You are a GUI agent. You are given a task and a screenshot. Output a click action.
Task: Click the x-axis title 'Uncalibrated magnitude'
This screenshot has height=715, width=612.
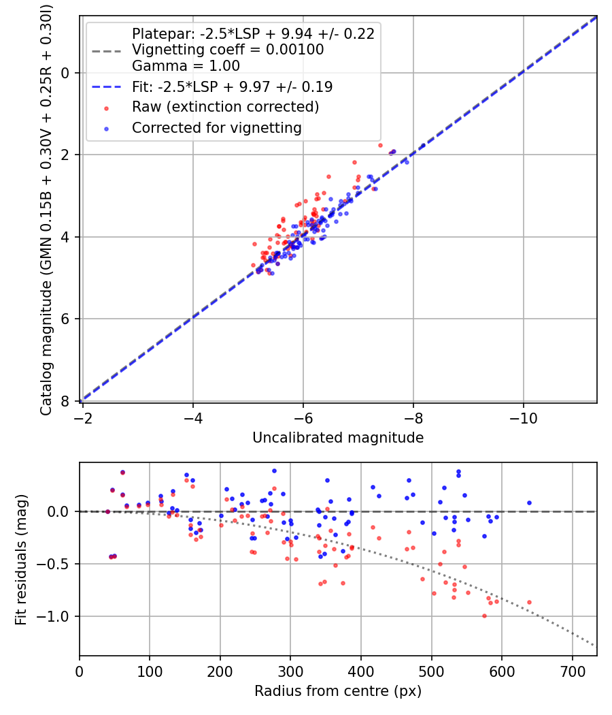[338, 438]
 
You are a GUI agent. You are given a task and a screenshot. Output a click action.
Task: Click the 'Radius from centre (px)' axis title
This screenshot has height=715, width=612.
[338, 691]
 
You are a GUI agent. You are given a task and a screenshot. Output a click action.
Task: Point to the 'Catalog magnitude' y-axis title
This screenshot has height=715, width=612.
[46, 208]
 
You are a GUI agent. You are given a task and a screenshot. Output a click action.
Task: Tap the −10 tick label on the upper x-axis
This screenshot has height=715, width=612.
[523, 415]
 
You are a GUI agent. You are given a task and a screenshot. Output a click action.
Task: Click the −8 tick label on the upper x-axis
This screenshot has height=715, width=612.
[413, 415]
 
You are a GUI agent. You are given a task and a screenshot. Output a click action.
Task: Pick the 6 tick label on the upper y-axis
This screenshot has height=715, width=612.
[66, 319]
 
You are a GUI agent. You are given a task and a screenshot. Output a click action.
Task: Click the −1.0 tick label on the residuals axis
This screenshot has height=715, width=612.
[57, 617]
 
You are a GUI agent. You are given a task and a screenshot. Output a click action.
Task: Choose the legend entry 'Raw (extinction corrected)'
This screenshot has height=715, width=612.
[225, 108]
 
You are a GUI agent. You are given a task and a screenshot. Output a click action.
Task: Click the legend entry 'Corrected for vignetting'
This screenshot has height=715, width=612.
[216, 128]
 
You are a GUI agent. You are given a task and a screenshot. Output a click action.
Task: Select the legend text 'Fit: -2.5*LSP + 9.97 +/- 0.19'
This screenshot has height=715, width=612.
[232, 87]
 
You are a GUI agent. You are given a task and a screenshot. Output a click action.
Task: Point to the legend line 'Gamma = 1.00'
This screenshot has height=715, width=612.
[186, 67]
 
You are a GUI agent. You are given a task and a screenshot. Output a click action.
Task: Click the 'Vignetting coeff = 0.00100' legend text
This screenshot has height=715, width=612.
[228, 50]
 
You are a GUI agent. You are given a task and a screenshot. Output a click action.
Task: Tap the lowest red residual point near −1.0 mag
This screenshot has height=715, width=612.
[484, 616]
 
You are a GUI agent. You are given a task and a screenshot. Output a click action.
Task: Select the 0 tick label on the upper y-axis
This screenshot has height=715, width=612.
[66, 73]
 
